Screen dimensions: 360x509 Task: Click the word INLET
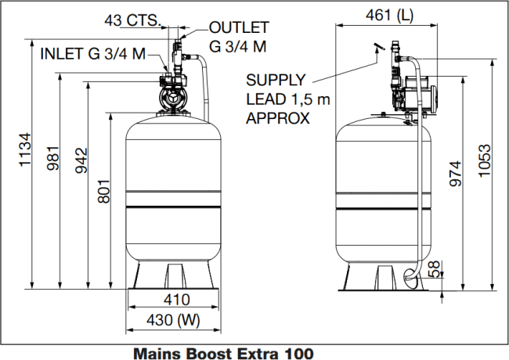pos(62,53)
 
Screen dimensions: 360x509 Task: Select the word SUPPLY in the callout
pos(274,81)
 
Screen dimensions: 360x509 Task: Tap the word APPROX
pos(278,118)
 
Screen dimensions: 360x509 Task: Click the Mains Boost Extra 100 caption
pos(227,352)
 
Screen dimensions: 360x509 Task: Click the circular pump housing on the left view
pos(172,100)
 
